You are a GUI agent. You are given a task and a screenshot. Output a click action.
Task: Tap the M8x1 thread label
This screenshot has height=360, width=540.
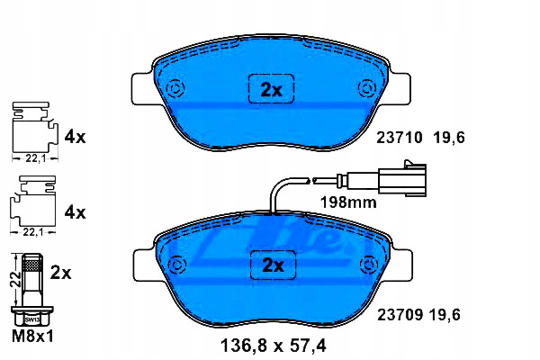point(30,337)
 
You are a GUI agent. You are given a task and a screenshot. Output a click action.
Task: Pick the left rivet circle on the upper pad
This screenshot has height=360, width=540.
point(175,88)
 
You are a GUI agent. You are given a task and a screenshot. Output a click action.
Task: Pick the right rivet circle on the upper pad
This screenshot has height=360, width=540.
point(366,88)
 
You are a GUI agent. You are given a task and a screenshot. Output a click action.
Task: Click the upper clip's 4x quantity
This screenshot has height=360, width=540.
point(76,138)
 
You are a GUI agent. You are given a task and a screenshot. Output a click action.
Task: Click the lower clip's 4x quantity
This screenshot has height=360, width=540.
point(76,213)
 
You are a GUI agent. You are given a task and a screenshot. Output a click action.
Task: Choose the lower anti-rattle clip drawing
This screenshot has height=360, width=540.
point(31,206)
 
